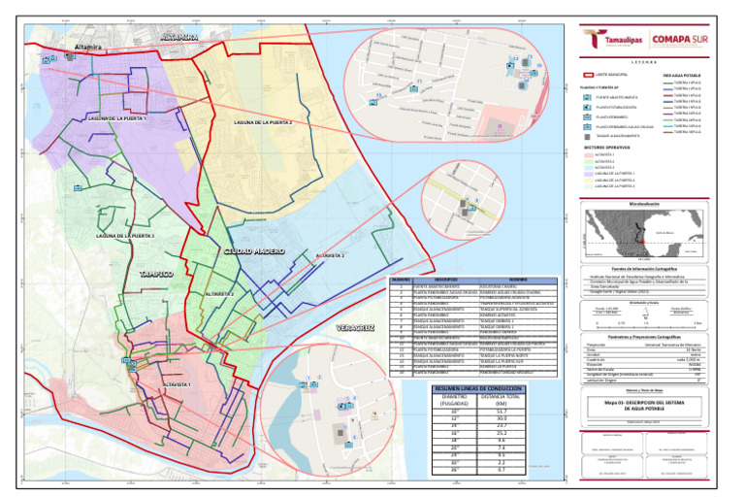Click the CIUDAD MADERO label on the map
[x=254, y=251]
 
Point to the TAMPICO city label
[x=156, y=275]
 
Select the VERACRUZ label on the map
[x=355, y=329]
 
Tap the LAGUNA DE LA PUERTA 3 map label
[x=125, y=236]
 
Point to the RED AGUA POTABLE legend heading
[x=681, y=75]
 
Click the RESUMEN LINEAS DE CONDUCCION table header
[x=469, y=389]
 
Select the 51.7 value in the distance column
[x=501, y=413]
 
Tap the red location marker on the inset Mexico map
[x=637, y=235]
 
